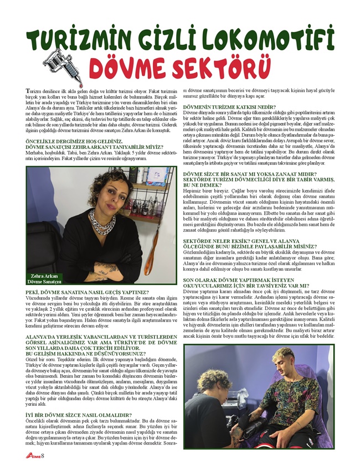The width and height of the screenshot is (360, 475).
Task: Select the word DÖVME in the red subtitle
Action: click(x=132, y=69)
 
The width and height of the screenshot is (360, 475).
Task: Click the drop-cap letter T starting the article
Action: click(x=29, y=90)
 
